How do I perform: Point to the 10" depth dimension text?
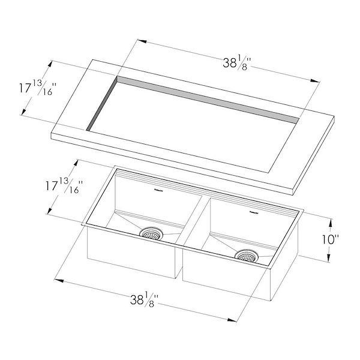click(329, 239)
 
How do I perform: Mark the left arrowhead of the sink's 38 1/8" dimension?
click(58, 279)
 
